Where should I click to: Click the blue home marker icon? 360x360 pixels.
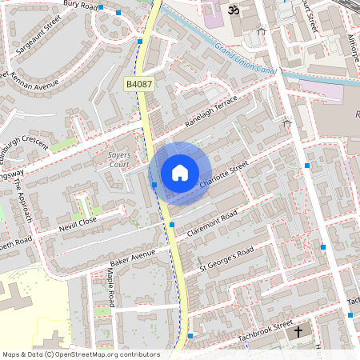coord(180,173)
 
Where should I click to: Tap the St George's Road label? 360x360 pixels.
coord(226,258)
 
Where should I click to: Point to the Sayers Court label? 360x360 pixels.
coord(113,160)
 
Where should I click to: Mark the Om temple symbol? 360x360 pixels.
coord(234,10)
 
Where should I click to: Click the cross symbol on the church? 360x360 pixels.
coord(299,330)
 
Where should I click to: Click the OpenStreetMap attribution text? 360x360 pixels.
coord(80,354)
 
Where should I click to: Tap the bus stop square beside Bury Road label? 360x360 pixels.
coord(119,13)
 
